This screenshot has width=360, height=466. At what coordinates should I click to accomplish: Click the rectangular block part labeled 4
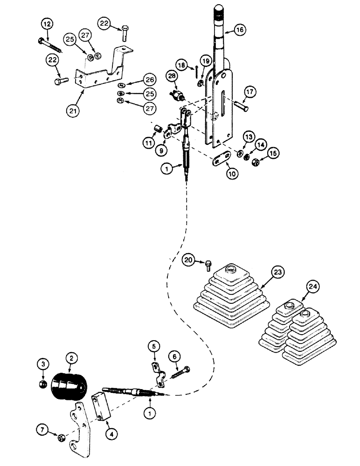pos(102,407)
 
